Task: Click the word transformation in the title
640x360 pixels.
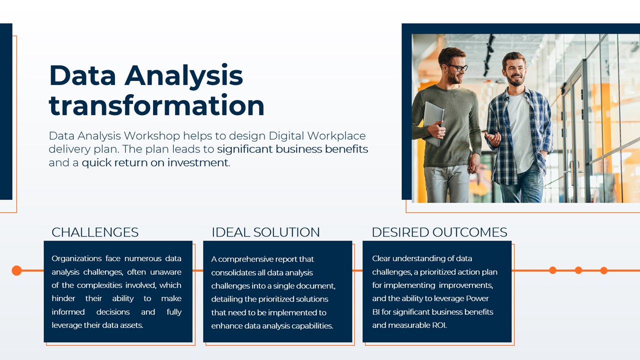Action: click(156, 105)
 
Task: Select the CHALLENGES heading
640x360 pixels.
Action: click(95, 232)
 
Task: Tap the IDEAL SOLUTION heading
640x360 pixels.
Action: click(265, 232)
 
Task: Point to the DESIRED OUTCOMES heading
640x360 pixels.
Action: click(439, 232)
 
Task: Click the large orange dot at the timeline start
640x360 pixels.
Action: click(16, 270)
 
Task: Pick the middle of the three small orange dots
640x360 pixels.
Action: click(578, 270)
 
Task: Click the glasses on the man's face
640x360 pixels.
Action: click(457, 67)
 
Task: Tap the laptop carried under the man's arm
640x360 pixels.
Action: click(433, 123)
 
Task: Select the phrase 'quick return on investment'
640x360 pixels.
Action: click(155, 163)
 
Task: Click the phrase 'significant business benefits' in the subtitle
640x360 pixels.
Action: click(292, 149)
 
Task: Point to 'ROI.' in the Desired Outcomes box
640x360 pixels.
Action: click(439, 325)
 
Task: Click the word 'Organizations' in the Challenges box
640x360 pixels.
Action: click(76, 259)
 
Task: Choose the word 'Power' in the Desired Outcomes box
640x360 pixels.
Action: click(477, 298)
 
